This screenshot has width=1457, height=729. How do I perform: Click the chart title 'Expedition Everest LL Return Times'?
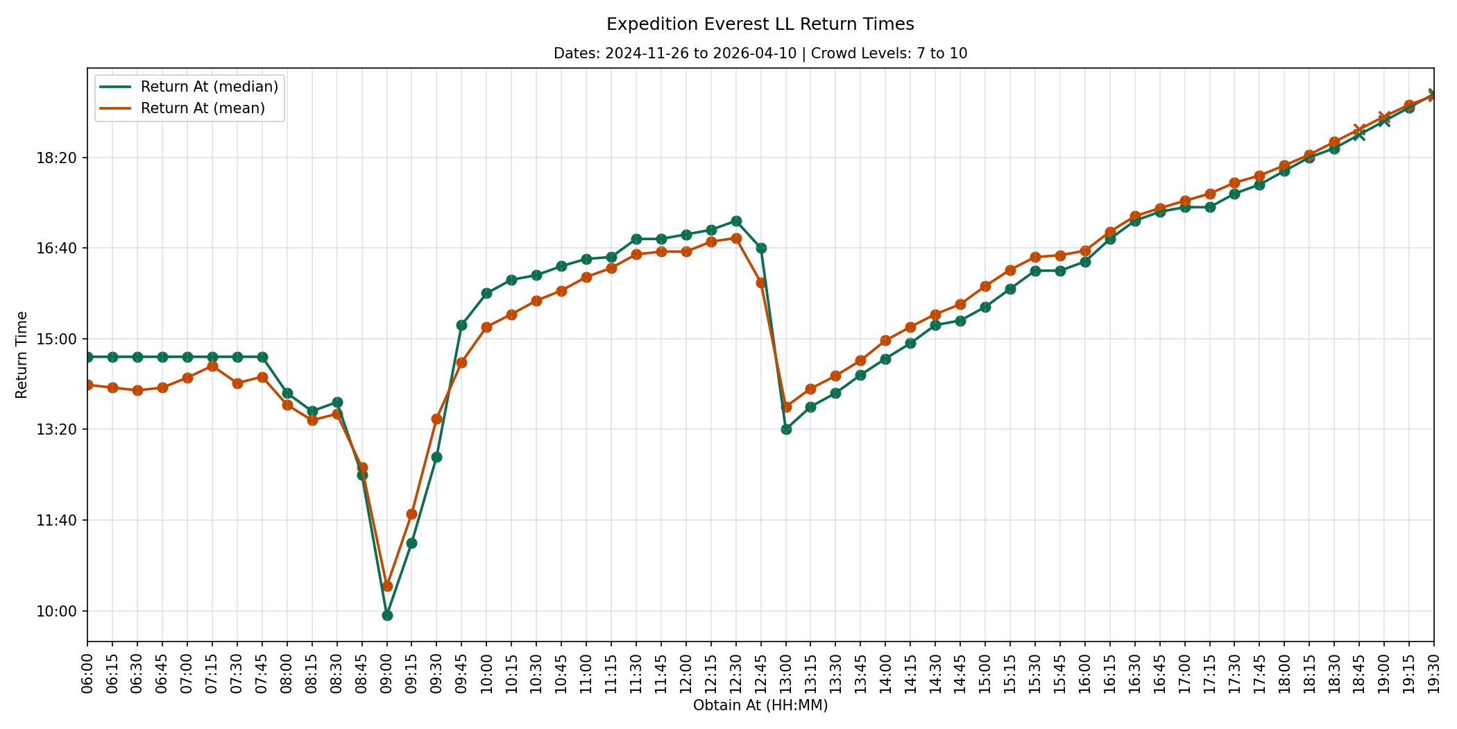tap(760, 24)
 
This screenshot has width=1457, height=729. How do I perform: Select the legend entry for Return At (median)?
tap(189, 87)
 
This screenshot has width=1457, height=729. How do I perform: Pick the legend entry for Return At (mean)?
tap(182, 108)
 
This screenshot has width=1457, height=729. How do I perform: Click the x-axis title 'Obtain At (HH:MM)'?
tap(760, 705)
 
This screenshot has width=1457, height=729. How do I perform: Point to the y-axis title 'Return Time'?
tap(22, 355)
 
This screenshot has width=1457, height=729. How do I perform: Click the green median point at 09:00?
tap(387, 615)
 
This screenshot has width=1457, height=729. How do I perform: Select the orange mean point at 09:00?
tap(387, 586)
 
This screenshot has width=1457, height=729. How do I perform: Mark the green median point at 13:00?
tap(786, 429)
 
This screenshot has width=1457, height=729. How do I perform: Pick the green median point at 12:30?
tap(736, 221)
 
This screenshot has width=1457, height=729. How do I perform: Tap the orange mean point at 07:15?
tap(212, 366)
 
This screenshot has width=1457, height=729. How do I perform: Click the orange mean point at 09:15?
tap(411, 514)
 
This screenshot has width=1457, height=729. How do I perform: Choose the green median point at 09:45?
tap(461, 325)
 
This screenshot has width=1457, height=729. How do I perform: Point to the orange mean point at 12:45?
tap(761, 283)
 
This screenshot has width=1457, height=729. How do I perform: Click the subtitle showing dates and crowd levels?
tap(760, 53)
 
